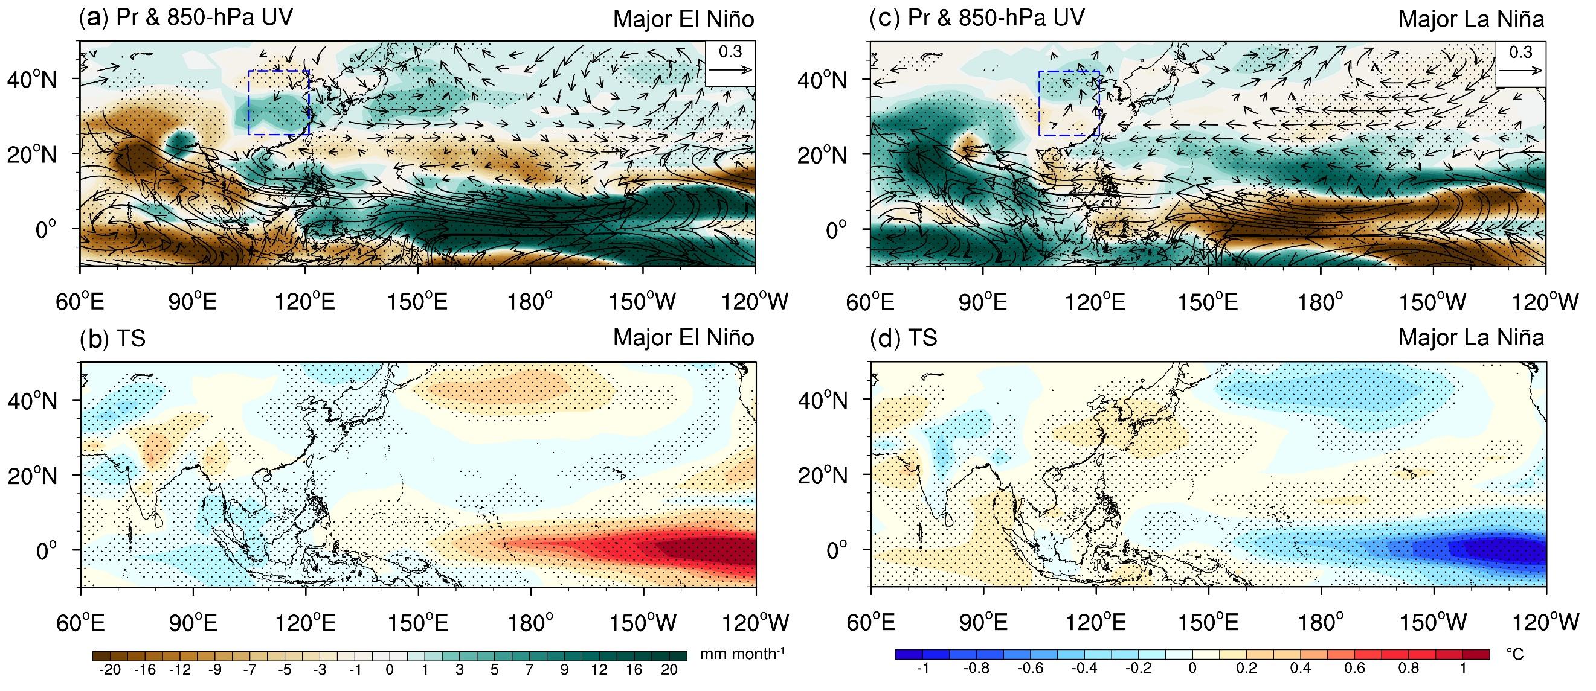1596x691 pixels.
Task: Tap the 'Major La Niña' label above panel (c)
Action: coord(1472,19)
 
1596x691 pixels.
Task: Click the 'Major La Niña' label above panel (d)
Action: coord(1472,337)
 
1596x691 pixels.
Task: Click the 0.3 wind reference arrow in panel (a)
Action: coord(730,70)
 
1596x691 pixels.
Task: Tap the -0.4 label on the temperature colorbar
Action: coord(1084,669)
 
